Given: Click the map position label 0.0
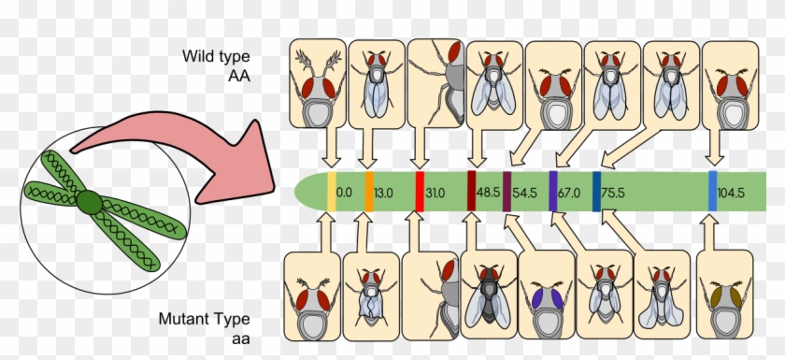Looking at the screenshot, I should coord(344,193).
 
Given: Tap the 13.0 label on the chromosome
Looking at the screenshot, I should coord(383,193).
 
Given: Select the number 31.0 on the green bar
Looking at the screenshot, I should coord(435,193).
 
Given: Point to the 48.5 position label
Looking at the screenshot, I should coord(488,193).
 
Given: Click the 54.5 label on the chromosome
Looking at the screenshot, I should coord(525,193).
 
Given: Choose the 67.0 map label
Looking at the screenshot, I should coord(569,193).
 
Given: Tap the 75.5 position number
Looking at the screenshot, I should coord(613,193).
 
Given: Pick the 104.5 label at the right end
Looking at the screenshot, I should coord(731,193).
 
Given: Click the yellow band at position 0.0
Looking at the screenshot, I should coord(332,192).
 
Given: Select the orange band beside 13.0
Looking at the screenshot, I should coord(369,192).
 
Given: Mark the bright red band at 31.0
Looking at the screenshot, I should coord(420,192).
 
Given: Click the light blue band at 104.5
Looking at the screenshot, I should coord(712,192).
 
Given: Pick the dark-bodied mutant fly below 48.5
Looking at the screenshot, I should coord(489,294).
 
